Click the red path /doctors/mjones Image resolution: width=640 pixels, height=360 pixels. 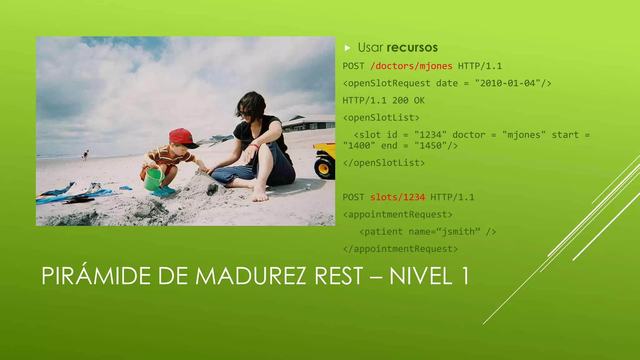pyautogui.click(x=411, y=66)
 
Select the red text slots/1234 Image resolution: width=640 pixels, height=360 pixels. pyautogui.click(x=397, y=197)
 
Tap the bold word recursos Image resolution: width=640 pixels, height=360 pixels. pyautogui.click(x=412, y=47)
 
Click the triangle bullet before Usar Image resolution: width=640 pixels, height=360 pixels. pyautogui.click(x=347, y=48)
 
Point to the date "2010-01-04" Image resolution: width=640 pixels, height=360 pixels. pyautogui.click(x=508, y=83)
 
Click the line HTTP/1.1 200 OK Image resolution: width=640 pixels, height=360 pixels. pyautogui.click(x=383, y=101)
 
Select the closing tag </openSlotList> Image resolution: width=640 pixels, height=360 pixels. pyautogui.click(x=384, y=163)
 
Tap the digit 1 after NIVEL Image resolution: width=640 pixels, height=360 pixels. pyautogui.click(x=465, y=276)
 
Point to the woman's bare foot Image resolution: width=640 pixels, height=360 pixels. pyautogui.click(x=259, y=194)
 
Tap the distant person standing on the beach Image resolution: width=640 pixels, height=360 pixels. pyautogui.click(x=85, y=155)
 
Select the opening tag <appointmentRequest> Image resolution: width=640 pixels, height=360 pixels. pyautogui.click(x=397, y=215)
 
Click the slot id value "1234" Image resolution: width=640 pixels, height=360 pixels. pyautogui.click(x=430, y=135)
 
